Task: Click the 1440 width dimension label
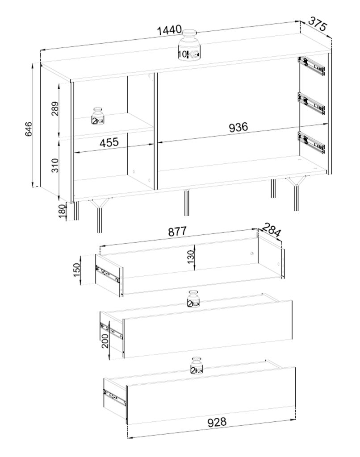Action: (x=169, y=30)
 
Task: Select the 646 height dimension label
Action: (x=28, y=129)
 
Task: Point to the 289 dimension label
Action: (x=55, y=109)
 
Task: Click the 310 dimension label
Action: (x=55, y=165)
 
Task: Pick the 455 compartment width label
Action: (x=109, y=142)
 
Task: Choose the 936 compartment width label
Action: (x=239, y=127)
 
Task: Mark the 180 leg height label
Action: (x=62, y=211)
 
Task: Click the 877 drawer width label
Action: (x=177, y=231)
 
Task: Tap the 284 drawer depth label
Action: (x=271, y=230)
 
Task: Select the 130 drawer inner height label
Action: (x=191, y=257)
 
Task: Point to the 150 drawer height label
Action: (x=76, y=270)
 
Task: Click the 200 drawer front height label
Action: (x=105, y=341)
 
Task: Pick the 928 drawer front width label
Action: (x=217, y=422)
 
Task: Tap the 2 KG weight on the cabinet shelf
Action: (x=98, y=116)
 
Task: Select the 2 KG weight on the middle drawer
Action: (x=193, y=299)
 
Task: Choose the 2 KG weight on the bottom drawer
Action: (x=197, y=366)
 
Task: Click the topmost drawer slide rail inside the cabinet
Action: (x=311, y=66)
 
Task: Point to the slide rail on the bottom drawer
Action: (x=114, y=397)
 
